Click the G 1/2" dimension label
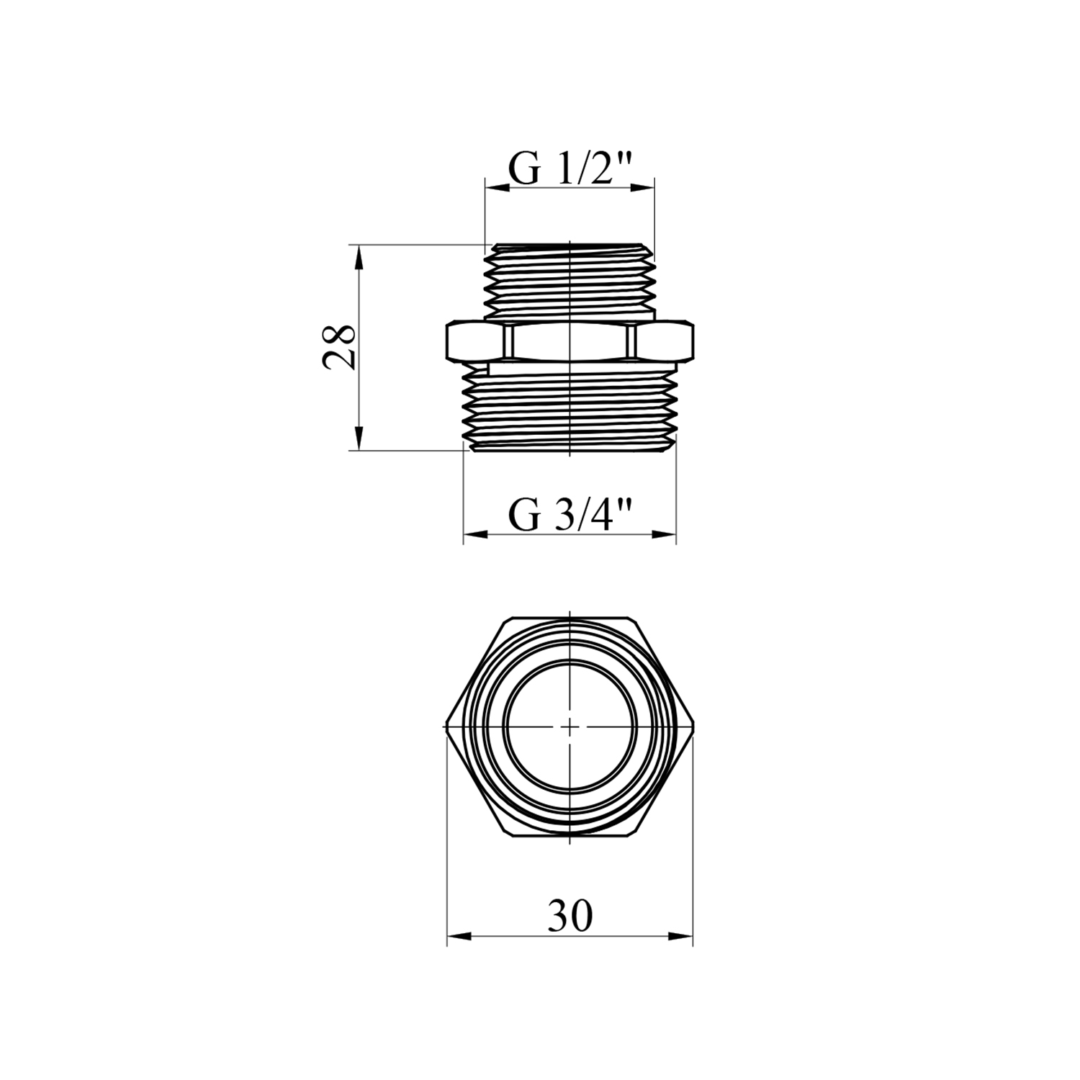tap(570, 170)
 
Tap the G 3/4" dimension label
tap(570, 516)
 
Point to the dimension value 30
tap(570, 916)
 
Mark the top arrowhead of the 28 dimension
tap(358, 257)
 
